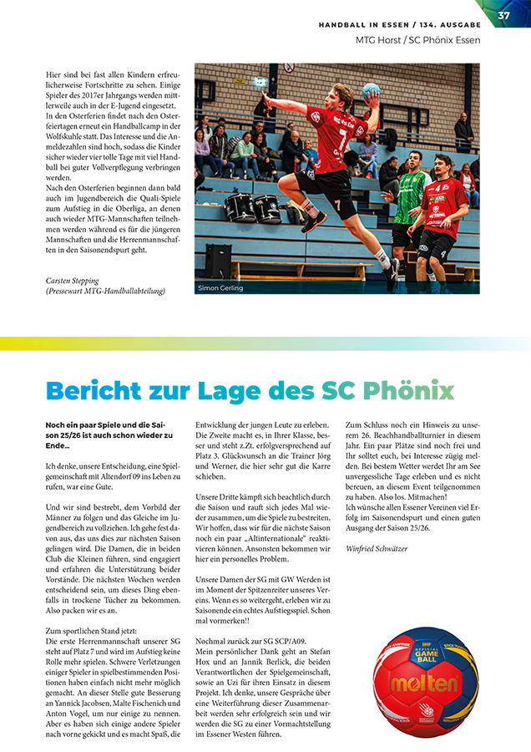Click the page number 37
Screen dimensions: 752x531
[503, 16]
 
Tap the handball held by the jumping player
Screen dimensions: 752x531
[370, 90]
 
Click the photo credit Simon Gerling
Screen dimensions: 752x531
[220, 288]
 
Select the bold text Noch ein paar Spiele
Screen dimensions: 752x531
[88, 424]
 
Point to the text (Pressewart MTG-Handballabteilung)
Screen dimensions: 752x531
[105, 291]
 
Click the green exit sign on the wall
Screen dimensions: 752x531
[260, 82]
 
